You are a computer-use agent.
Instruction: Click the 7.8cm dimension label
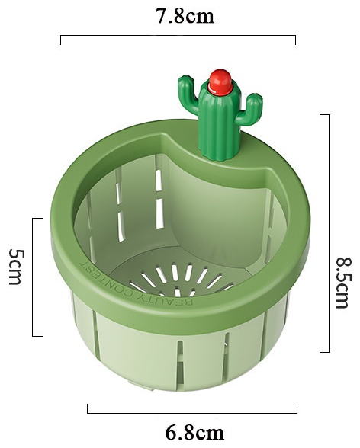(185, 16)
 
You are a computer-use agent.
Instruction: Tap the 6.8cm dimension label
(194, 433)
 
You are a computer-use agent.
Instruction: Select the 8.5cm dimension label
(342, 283)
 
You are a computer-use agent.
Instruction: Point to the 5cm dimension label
(17, 267)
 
